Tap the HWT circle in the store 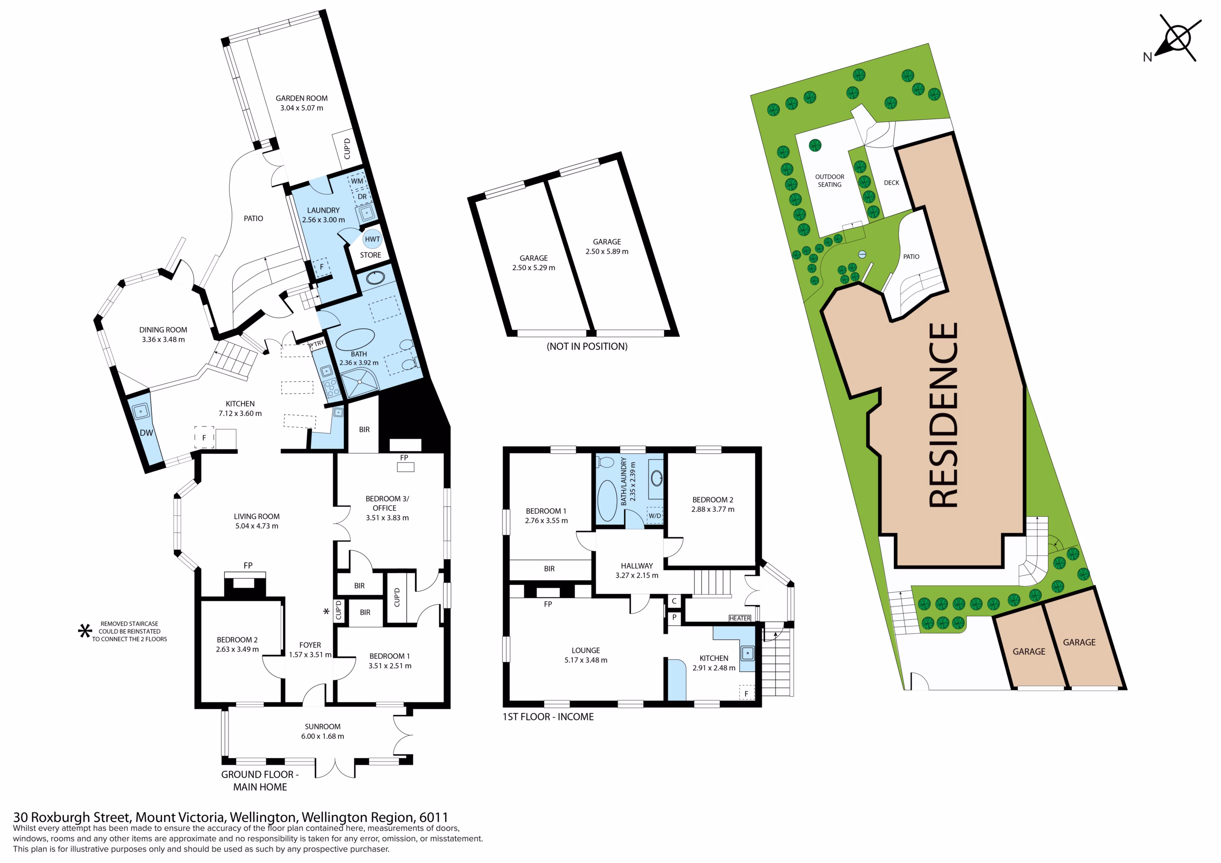point(372,239)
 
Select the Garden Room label point(301,98)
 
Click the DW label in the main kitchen point(146,433)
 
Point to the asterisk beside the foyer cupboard point(327,612)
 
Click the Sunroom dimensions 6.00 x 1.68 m point(322,737)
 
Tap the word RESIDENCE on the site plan point(943,415)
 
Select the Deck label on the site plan point(891,183)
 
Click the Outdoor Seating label point(829,181)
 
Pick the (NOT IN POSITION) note point(587,347)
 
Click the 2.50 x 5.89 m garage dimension point(607,251)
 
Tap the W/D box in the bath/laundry point(655,516)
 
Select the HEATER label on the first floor point(740,618)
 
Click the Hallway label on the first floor point(637,566)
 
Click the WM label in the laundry point(357,181)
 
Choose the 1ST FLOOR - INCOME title point(548,717)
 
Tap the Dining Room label point(163,329)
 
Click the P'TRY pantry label point(316,344)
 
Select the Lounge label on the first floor point(586,650)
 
